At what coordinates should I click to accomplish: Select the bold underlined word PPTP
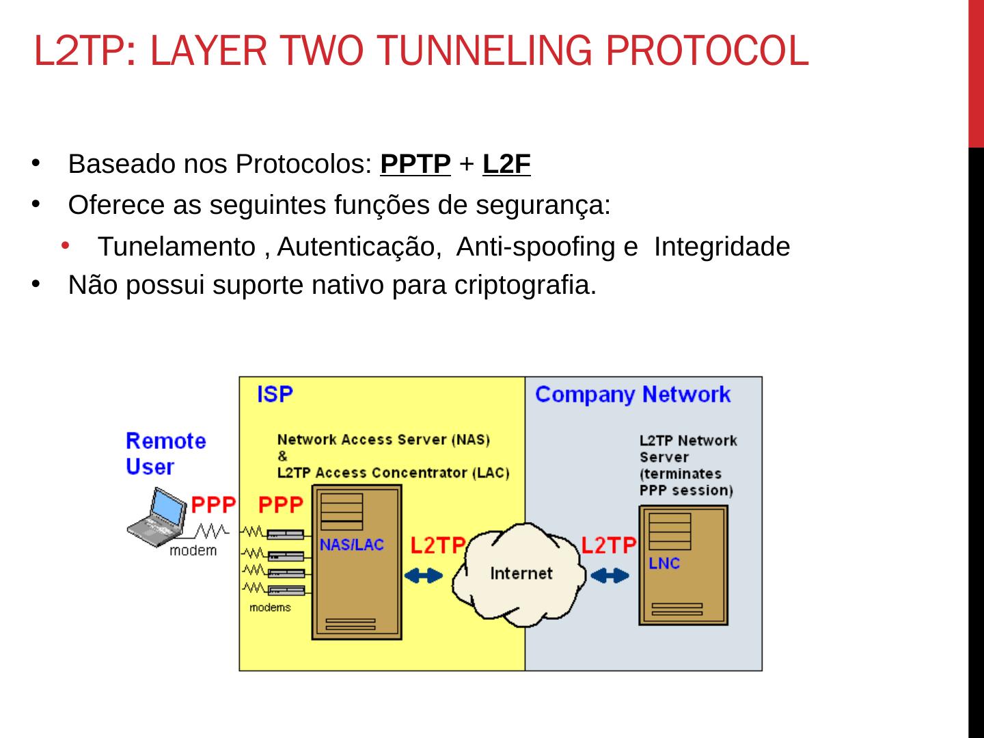(415, 165)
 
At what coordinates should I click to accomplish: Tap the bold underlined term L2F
(506, 165)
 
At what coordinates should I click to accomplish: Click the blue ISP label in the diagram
(275, 394)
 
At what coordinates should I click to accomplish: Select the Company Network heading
(632, 394)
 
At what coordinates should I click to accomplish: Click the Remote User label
(165, 454)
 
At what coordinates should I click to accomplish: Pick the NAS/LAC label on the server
(352, 545)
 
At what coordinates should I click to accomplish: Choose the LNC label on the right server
(664, 564)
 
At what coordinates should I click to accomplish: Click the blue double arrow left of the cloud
(424, 576)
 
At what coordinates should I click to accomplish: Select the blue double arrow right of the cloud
(610, 576)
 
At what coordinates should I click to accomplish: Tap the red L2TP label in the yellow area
(437, 545)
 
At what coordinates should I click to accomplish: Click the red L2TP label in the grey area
(608, 545)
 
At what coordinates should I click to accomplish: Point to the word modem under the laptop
(193, 551)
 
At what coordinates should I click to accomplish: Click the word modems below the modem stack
(270, 607)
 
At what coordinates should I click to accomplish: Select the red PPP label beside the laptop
(213, 505)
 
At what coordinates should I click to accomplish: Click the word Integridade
(722, 247)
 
